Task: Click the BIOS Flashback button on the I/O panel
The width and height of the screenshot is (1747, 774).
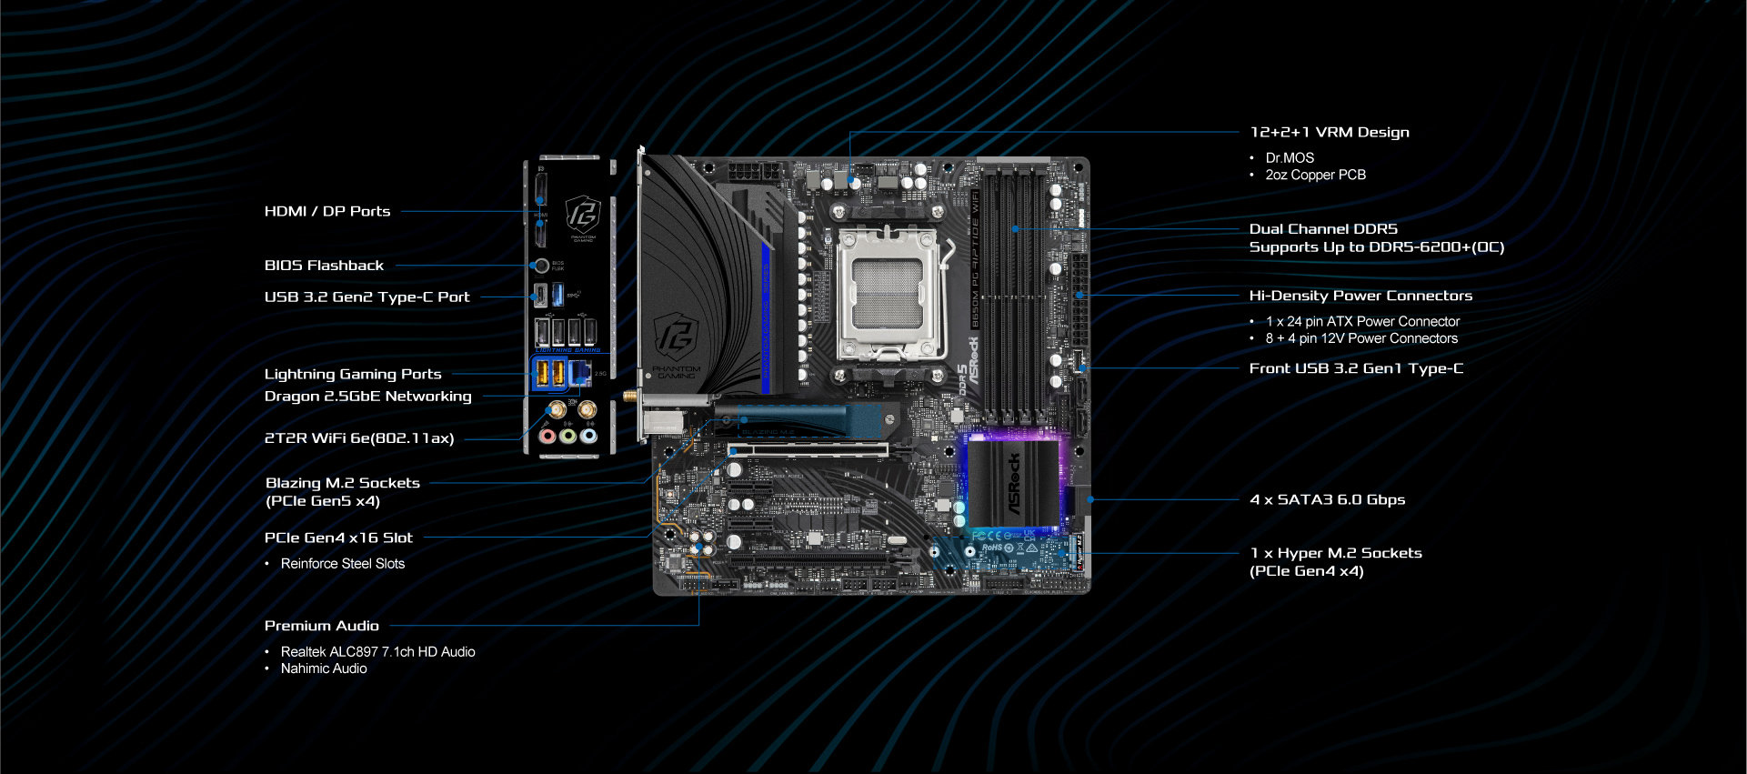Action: tap(541, 266)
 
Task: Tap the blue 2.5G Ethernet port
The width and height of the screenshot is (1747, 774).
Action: tap(579, 372)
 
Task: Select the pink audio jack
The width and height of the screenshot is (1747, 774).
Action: tap(547, 437)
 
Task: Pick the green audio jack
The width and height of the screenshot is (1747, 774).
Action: tap(567, 437)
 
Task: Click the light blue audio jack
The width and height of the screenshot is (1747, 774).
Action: tap(588, 437)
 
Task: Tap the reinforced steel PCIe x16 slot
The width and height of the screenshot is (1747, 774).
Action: tap(808, 449)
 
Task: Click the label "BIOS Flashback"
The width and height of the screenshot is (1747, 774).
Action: tap(324, 266)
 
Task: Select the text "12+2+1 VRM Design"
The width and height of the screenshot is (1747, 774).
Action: tap(1330, 132)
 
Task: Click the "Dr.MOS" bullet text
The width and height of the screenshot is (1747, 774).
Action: tap(1290, 157)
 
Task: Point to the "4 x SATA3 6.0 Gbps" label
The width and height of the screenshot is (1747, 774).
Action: tap(1327, 499)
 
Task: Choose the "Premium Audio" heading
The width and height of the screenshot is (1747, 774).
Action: tap(321, 626)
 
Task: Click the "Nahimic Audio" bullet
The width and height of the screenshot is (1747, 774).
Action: tap(324, 668)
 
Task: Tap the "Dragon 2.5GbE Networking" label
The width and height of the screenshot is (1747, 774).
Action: tap(367, 397)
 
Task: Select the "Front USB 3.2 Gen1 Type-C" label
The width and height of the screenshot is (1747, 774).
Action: tap(1356, 368)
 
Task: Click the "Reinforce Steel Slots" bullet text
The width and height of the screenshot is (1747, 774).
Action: tap(343, 564)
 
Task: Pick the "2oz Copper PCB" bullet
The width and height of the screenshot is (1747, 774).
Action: tap(1315, 175)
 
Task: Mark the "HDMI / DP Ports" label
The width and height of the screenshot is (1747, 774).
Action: tap(327, 211)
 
